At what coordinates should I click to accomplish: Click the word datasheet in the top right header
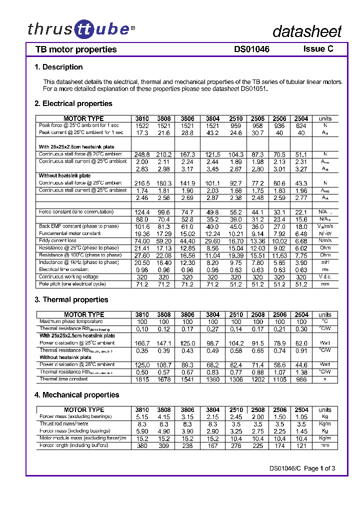pos(306,31)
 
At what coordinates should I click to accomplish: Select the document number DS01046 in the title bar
pos(251,49)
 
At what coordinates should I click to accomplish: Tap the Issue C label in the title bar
pos(318,49)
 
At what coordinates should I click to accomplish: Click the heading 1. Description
pos(58,67)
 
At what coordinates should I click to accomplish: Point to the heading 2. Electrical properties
pos(73,103)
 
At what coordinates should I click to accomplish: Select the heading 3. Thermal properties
pos(71,299)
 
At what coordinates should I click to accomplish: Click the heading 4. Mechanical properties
pos(76,394)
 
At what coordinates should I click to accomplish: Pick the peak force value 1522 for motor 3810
pos(142,126)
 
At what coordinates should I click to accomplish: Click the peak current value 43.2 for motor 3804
pos(212,133)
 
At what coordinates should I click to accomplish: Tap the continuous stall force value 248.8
pos(142,155)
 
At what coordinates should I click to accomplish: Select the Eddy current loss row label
pos(58,240)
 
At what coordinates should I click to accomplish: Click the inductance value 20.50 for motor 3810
pos(142,262)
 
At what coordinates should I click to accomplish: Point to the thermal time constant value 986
pos(301,379)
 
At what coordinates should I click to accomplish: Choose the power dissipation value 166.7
pos(142,343)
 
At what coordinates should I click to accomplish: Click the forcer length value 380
pos(142,445)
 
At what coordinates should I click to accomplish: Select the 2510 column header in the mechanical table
pos(236,409)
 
